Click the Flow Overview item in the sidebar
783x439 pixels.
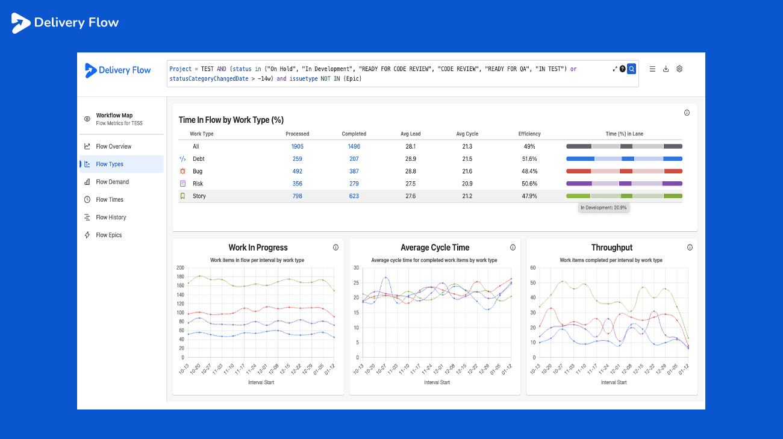click(113, 146)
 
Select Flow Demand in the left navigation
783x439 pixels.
click(112, 182)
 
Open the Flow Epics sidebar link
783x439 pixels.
click(108, 235)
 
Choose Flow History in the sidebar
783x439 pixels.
click(111, 217)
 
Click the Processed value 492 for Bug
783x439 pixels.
click(298, 172)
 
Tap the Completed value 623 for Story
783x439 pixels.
click(354, 196)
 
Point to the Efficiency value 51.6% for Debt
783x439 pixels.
click(529, 159)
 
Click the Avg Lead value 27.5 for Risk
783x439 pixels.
click(411, 184)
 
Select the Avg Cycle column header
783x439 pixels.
click(467, 134)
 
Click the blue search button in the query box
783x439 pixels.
click(631, 69)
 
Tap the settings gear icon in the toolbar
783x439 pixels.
click(679, 69)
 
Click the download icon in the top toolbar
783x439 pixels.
click(666, 69)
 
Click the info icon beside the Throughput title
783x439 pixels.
click(690, 248)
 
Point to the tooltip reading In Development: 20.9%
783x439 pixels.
click(604, 208)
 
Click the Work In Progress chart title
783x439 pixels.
click(258, 248)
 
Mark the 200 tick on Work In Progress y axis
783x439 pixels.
click(180, 268)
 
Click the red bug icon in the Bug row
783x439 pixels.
click(182, 172)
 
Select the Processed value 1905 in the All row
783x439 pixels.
click(298, 146)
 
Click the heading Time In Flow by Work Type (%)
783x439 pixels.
click(231, 120)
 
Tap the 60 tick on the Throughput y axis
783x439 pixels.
click(532, 268)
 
